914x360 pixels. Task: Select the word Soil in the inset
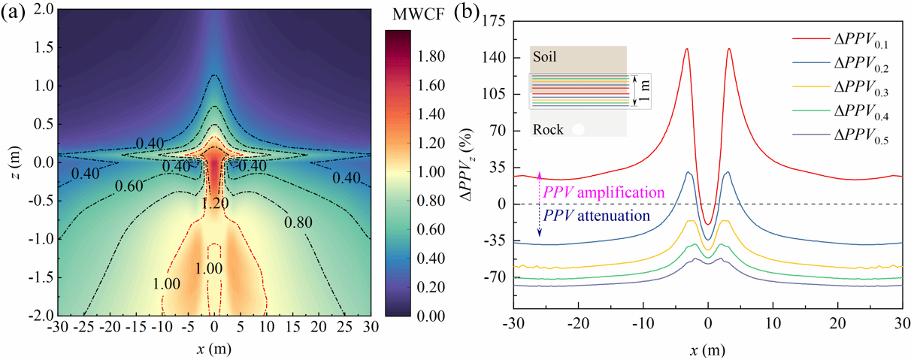(545, 56)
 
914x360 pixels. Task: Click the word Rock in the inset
(548, 129)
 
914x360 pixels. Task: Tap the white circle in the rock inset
(578, 129)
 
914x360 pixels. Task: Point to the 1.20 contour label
(215, 202)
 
